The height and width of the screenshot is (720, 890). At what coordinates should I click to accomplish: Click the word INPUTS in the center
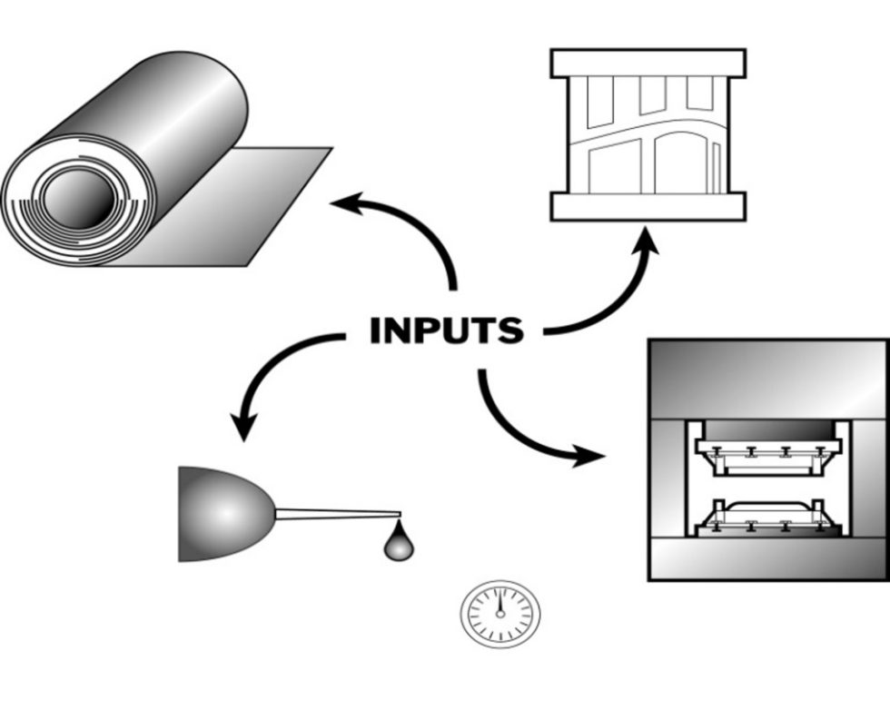click(446, 330)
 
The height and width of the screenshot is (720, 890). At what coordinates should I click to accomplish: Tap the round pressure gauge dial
click(499, 613)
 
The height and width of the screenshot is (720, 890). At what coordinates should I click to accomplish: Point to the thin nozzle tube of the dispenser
click(336, 515)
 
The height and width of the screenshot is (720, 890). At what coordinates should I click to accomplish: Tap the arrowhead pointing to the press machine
click(588, 454)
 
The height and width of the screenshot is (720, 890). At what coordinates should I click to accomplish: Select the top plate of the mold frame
click(648, 63)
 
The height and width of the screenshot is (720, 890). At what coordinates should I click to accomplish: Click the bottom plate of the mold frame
click(648, 207)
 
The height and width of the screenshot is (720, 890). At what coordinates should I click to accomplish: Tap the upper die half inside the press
click(767, 450)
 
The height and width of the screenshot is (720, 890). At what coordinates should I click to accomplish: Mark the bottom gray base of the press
click(767, 558)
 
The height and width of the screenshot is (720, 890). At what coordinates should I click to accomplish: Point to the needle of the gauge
click(499, 603)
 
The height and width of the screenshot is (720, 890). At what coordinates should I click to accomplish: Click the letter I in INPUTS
click(375, 331)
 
